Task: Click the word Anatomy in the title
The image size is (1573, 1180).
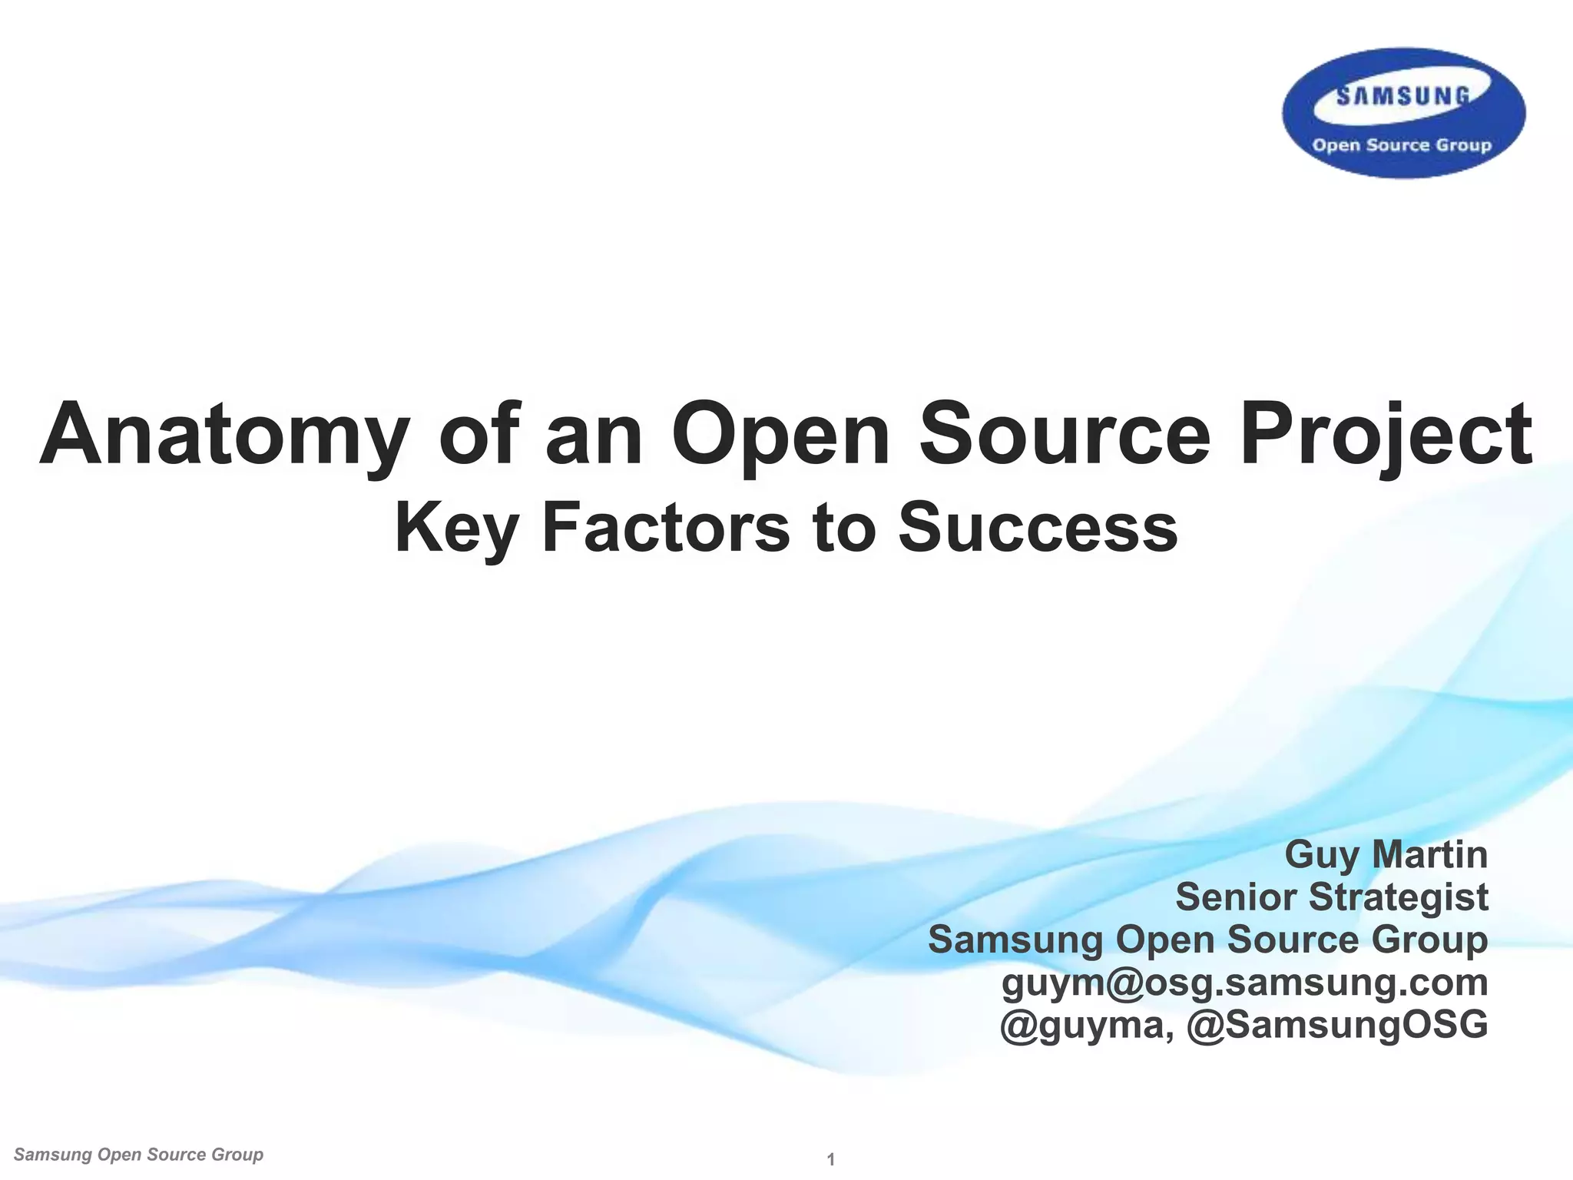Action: click(223, 435)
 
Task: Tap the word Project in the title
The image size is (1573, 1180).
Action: click(1386, 435)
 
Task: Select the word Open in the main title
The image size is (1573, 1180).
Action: click(780, 435)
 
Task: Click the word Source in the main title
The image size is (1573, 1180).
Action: click(1065, 435)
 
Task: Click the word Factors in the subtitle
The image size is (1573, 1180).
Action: click(665, 528)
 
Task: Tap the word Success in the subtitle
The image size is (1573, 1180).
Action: click(1038, 528)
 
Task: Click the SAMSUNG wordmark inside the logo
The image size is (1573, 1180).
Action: click(1403, 97)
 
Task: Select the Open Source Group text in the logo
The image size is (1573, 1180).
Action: click(1402, 145)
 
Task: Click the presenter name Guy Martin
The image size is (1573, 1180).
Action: click(1386, 855)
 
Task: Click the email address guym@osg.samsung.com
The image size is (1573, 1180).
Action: click(1244, 982)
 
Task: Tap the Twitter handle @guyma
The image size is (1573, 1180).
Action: click(1085, 1025)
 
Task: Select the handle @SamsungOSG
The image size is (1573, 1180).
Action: click(1337, 1025)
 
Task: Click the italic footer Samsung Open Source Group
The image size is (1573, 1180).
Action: click(138, 1155)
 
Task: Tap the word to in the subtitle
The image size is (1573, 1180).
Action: click(844, 528)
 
